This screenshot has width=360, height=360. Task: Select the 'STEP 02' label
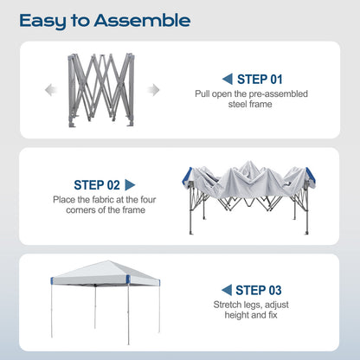pyautogui.click(x=96, y=184)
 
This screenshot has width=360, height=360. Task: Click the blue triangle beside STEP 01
pyautogui.click(x=227, y=79)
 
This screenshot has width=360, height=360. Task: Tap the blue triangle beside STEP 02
pyautogui.click(x=131, y=184)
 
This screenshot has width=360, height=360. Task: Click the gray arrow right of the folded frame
pyautogui.click(x=154, y=89)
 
